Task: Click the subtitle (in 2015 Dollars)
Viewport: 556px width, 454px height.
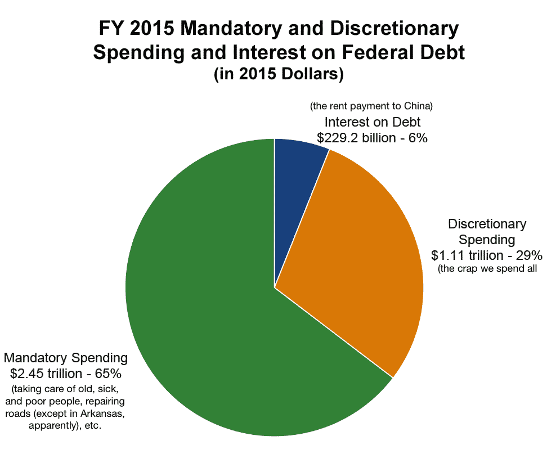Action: [279, 74]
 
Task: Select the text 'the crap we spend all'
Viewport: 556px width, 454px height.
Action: [487, 268]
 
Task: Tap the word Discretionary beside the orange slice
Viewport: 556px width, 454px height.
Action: [487, 224]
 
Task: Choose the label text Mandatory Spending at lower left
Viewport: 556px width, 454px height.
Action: [66, 358]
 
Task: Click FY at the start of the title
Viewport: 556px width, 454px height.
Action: [110, 29]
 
